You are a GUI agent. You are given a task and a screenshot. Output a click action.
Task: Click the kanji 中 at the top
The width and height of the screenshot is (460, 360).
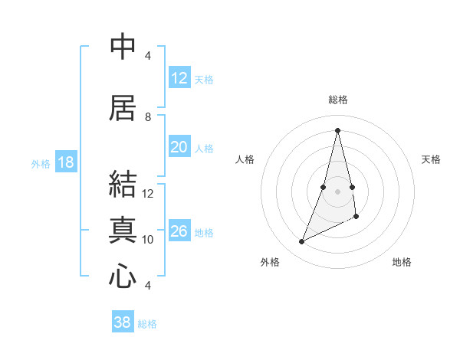point(123,47)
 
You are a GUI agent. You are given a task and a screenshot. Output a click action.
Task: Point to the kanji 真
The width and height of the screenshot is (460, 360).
point(123,230)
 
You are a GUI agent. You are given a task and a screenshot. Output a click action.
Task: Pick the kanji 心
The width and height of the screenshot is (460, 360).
point(123,276)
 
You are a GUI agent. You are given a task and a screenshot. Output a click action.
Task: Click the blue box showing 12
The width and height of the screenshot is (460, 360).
point(179,78)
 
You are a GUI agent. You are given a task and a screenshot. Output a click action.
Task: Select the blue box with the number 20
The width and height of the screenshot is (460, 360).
point(179,147)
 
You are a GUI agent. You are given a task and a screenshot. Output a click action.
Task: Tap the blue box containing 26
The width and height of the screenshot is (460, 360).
point(179,231)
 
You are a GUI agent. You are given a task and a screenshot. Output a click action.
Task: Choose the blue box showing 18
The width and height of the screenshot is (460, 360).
point(65,162)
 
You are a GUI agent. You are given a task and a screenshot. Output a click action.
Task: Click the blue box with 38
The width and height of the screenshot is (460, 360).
point(123,322)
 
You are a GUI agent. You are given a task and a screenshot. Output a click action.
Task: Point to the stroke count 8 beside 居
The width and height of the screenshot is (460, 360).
point(148,116)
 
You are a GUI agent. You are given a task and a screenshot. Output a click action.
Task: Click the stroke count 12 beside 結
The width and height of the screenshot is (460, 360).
point(148,193)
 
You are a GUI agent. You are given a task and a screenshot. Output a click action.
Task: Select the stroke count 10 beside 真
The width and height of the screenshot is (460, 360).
point(148,239)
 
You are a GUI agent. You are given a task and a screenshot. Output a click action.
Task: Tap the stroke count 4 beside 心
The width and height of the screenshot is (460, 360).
point(148,285)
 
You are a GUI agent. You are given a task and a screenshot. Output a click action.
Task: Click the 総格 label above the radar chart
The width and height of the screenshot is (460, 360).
point(338,100)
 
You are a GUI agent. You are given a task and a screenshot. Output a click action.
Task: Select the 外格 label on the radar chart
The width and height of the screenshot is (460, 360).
point(270,262)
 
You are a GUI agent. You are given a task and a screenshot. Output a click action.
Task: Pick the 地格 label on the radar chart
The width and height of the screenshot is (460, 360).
point(402,262)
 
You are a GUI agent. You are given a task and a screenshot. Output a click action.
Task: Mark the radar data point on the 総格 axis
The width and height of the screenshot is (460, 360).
point(338,129)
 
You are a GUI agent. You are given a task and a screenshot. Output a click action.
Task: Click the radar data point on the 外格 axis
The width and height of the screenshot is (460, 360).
point(301,242)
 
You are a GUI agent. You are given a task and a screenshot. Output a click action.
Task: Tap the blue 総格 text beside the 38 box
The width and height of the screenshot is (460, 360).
point(147,324)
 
